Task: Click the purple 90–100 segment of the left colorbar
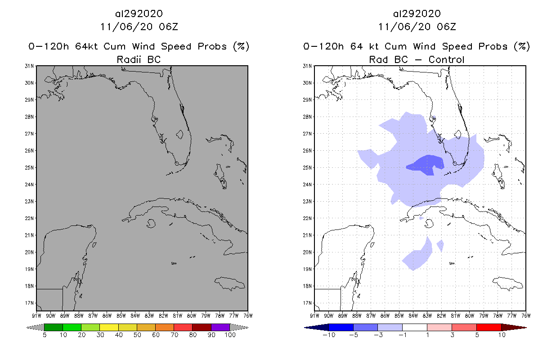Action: point(220,327)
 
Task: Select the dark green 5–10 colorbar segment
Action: point(54,327)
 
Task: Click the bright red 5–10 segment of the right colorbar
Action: point(489,327)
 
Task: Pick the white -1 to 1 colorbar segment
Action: point(415,327)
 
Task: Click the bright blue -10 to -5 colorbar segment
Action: point(341,327)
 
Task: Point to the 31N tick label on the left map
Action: point(30,66)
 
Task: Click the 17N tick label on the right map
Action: point(308,303)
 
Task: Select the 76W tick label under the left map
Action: point(247,315)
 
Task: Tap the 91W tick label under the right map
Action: point(315,315)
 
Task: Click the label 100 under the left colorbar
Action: point(230,335)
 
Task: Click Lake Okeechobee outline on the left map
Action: point(179,134)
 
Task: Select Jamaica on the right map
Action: point(508,283)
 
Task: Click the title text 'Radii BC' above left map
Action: point(139,59)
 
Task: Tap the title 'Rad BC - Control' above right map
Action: point(417,59)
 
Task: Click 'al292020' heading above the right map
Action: point(417,13)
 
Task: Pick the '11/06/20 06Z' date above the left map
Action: point(139,27)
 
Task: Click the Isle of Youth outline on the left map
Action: point(150,223)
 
